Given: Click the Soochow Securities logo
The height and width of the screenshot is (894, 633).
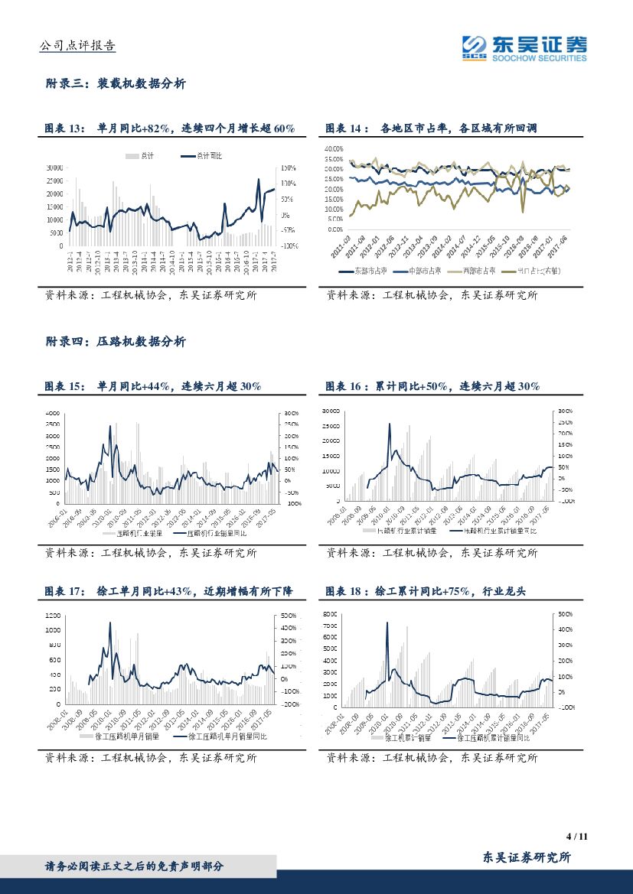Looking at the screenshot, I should coord(524,47).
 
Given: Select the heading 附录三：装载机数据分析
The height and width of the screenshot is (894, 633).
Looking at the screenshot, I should coord(116,84).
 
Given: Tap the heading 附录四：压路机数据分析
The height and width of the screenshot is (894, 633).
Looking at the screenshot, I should coord(116,342).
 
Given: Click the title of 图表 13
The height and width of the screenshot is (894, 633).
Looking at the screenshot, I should coord(169,128).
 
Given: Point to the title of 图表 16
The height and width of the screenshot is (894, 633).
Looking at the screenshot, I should coord(433,387).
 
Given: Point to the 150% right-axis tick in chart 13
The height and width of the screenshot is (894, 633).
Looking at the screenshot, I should coord(289,167).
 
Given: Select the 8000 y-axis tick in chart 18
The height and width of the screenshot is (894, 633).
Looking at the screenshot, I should coord(329,614).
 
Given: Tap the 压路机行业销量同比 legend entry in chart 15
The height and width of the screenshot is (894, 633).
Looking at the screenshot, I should coord(218,534).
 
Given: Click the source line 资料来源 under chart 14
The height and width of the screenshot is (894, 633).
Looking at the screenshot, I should coord(432,295).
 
